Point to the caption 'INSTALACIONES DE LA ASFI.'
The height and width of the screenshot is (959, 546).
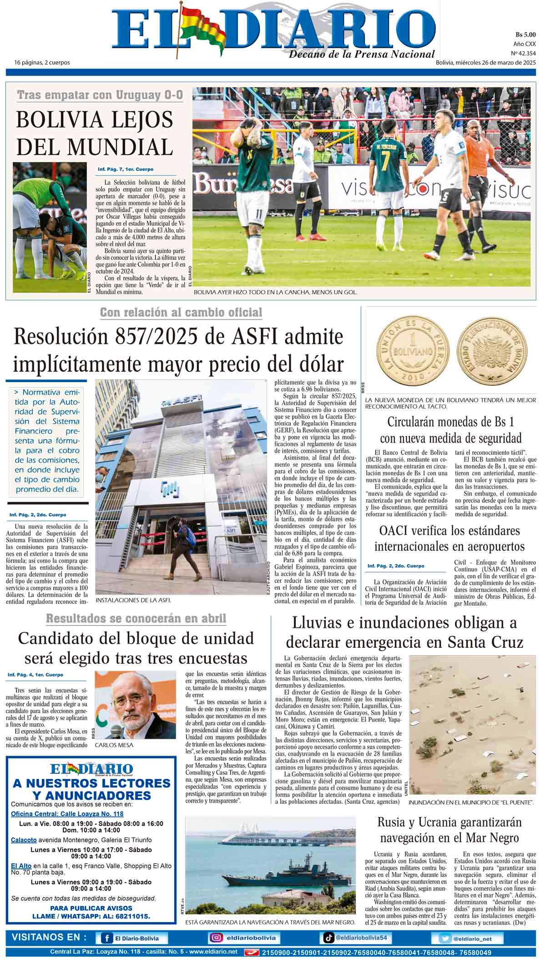pos(133,600)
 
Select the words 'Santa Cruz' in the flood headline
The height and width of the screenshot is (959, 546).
pos(485,642)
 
